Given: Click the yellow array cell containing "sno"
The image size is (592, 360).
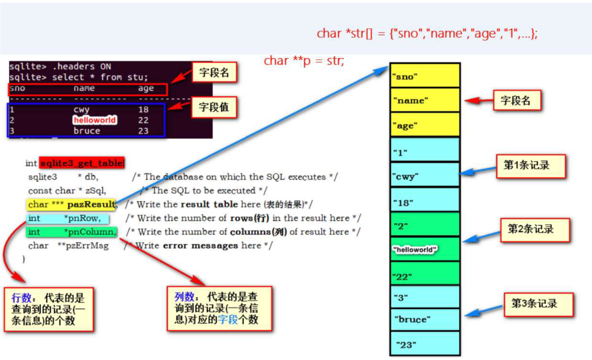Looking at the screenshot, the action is pos(425,76).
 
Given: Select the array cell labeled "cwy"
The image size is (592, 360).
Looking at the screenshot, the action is pos(425,176).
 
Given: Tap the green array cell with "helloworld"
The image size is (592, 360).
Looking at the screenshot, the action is pos(425,249).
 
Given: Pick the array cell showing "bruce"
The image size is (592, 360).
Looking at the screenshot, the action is pos(425,319).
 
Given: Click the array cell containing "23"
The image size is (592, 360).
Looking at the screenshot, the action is pos(425,344).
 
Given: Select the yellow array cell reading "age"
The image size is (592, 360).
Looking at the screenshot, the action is pos(425,125).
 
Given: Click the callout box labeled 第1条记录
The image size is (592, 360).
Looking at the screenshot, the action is pos(530,166).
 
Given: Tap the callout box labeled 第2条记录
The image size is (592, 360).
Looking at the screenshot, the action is pos(535,229).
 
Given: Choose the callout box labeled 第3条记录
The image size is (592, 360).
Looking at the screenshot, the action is pos(538,304).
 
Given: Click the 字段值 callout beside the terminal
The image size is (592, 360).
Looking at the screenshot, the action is pos(214,107).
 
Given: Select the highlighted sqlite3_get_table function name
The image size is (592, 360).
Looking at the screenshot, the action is pos(82,163).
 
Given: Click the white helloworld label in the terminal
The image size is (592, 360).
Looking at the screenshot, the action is pos(94,120).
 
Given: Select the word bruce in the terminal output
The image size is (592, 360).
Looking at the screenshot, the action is pos(87,131).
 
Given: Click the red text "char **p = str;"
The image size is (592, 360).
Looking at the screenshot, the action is pos(304,60).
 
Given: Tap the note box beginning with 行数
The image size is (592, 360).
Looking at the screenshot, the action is pos(48,309).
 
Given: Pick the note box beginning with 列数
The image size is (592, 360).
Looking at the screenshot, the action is pos(219,308).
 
